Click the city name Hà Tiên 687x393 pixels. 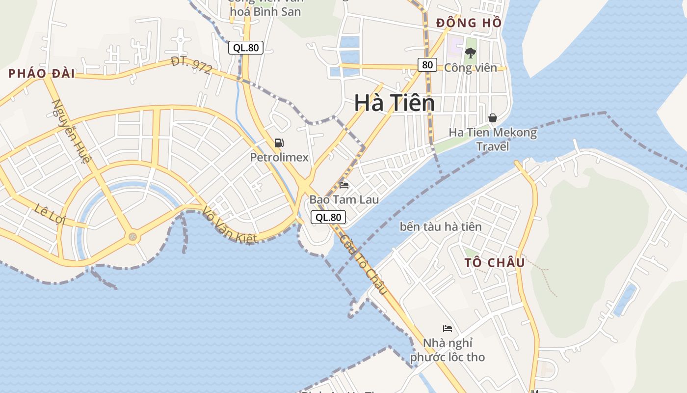pos(395,103)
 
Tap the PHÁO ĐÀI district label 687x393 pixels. pos(42,74)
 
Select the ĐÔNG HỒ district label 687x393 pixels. pos(469,23)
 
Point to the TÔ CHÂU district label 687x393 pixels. pos(495,262)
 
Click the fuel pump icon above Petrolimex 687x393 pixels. pos(279,143)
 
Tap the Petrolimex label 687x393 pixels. pos(279,157)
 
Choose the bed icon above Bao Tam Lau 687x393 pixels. pos(344,185)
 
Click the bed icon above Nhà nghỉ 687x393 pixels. pos(447,328)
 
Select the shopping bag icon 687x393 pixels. pos(493,118)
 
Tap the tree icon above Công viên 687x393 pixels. pos(470,53)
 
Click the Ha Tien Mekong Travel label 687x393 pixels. pos(493,139)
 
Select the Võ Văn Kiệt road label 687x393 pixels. pos(230,225)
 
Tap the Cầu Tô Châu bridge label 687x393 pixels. pos(363,264)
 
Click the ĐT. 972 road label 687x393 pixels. pos(191,65)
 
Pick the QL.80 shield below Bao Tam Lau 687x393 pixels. pos(328,217)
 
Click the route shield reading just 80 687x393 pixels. pos(427,64)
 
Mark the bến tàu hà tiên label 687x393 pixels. pos(440,226)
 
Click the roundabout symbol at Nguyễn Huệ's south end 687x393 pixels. pos(132,237)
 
